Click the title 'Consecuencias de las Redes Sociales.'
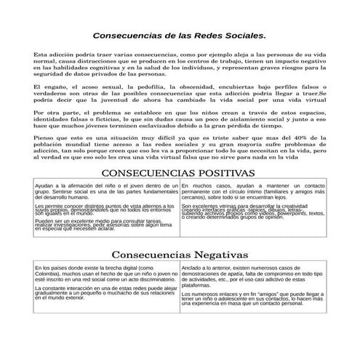[x=180, y=35]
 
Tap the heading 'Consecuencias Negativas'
[x=179, y=255]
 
